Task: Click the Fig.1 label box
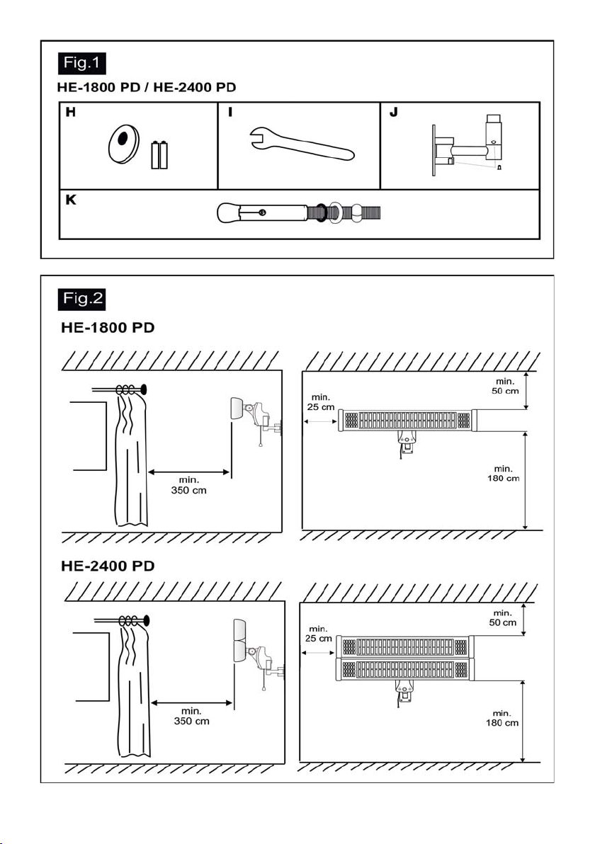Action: [82, 63]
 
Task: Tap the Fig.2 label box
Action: [82, 299]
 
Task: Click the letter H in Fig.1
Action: [71, 112]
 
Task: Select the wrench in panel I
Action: [302, 143]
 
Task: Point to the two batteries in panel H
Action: [159, 155]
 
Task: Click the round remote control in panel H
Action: [123, 143]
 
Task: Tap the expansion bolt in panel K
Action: [299, 212]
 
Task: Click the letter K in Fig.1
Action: [71, 200]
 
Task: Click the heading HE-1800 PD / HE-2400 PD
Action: [147, 87]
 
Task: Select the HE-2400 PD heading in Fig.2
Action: [108, 566]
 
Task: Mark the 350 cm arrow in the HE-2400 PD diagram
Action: [192, 702]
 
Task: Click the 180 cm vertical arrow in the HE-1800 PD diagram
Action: [526, 481]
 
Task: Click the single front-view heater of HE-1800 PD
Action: [407, 421]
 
